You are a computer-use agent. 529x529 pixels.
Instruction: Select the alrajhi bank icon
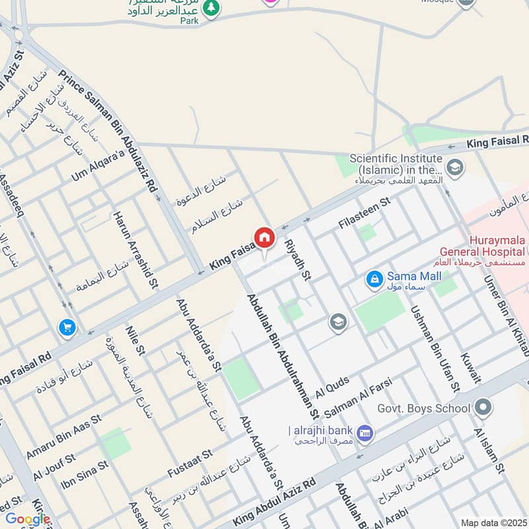(364, 433)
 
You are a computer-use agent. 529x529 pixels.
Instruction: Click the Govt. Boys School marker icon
(483, 407)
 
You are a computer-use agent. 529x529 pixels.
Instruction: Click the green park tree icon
(210, 8)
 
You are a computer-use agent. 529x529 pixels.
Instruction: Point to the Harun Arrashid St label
(134, 250)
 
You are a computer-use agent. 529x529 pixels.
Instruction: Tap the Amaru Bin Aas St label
(63, 438)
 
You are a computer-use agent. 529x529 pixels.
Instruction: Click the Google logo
(28, 520)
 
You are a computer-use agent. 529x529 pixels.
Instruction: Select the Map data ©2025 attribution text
(493, 523)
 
